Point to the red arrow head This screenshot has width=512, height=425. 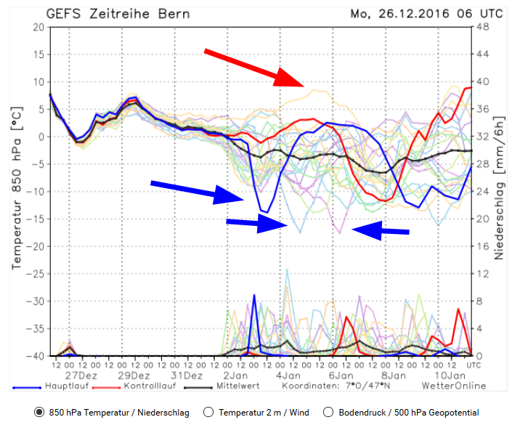point(293,79)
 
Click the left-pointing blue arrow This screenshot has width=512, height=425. point(381,230)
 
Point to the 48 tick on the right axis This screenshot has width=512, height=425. point(481,28)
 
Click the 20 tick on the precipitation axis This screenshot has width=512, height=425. point(481,219)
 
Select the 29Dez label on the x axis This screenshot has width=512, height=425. point(135,376)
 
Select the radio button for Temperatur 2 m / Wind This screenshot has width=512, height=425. point(210,412)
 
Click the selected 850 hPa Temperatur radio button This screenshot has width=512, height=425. point(39,412)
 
